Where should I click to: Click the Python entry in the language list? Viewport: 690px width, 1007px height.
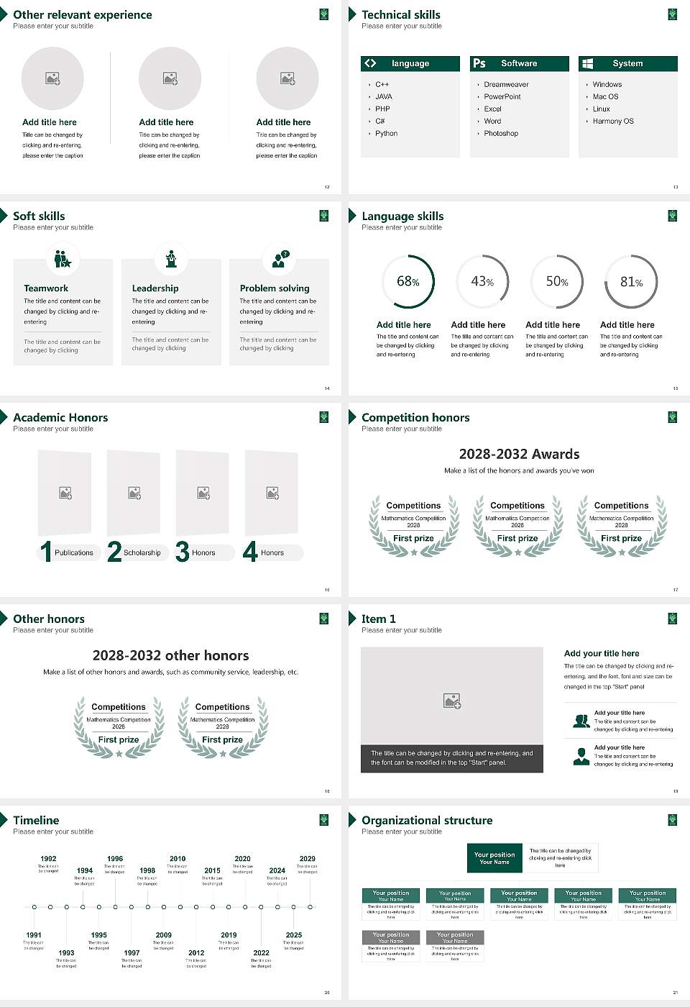pos(386,134)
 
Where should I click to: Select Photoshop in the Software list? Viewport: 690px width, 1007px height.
pos(500,134)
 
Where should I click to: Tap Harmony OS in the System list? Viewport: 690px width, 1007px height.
pos(613,122)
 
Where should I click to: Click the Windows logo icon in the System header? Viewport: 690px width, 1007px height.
pos(588,63)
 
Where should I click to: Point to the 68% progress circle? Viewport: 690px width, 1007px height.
pos(408,281)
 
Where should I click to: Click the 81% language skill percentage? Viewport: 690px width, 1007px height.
pos(631,282)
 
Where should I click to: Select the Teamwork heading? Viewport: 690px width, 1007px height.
pos(46,288)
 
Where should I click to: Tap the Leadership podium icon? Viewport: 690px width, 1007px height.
pos(171,259)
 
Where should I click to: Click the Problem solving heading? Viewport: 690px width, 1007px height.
pos(275,288)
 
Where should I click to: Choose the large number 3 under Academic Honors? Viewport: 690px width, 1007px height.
pos(183,552)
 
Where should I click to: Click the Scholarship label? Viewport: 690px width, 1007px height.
pos(142,553)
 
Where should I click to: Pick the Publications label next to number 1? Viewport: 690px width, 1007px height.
pos(74,553)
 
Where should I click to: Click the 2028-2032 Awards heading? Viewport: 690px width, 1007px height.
pos(519,454)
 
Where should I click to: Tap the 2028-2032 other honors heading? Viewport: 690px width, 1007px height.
pos(170,655)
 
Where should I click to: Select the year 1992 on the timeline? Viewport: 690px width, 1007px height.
pos(48,859)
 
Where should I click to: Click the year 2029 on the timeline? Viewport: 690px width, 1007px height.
pos(307,859)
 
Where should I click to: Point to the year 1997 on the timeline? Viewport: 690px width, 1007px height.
pos(132,953)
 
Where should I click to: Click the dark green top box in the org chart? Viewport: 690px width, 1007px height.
pos(494,858)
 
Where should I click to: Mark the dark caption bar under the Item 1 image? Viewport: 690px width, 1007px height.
pos(451,758)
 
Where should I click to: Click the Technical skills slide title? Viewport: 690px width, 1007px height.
pos(400,15)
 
